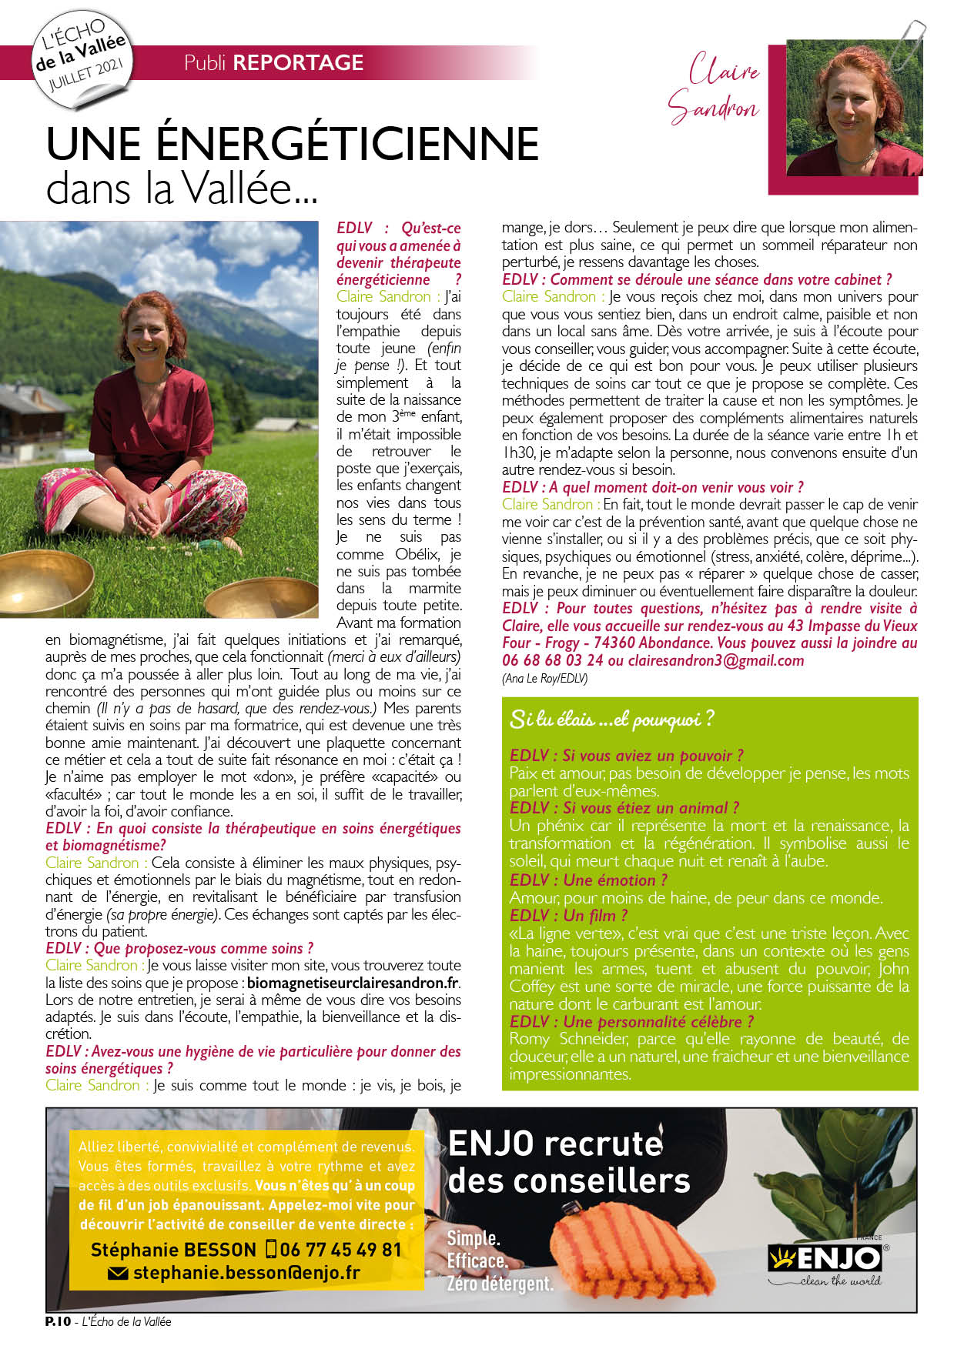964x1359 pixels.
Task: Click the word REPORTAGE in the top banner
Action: pos(298,62)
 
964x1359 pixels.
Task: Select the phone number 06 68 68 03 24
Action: pos(552,660)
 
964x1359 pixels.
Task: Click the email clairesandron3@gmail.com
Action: pos(715,660)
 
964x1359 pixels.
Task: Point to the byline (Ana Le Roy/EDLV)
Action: pos(544,678)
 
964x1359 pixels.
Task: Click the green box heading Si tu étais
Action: pos(611,720)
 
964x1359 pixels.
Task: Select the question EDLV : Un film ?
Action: pos(568,915)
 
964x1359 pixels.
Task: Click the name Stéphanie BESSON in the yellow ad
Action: pos(172,1250)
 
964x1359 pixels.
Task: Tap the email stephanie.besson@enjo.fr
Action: pos(246,1273)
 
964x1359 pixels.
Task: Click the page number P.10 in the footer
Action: pos(58,1321)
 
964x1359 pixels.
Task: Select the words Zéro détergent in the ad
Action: pos(500,1284)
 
